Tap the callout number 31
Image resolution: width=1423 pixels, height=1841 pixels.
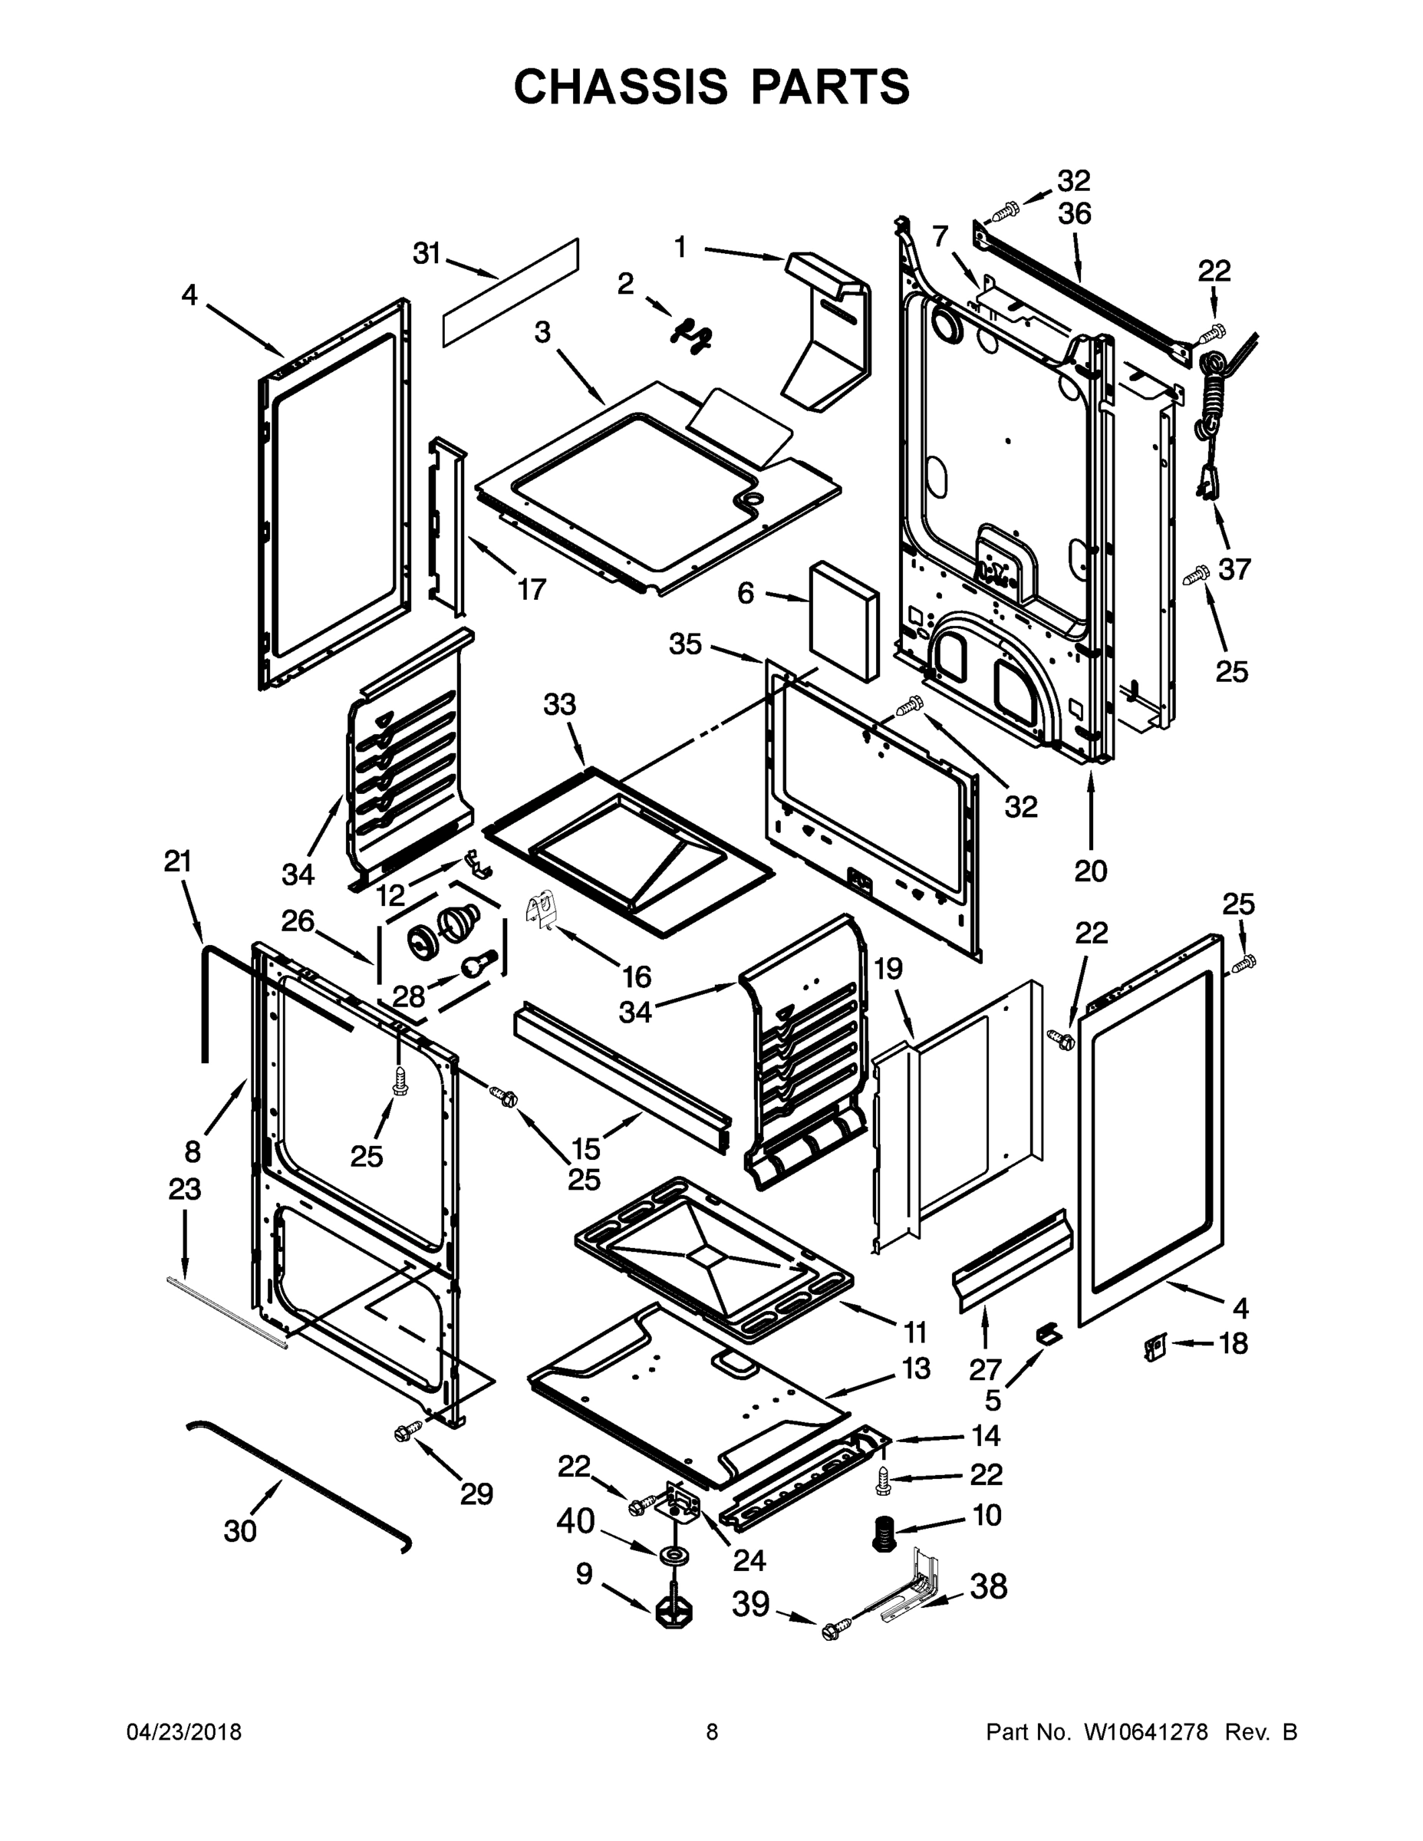[427, 253]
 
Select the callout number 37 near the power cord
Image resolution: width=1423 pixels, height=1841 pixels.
[1234, 569]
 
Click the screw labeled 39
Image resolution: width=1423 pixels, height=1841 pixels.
[832, 1632]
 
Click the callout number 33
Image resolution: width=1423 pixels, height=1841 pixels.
[560, 704]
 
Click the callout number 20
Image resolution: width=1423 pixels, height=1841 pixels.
[1090, 870]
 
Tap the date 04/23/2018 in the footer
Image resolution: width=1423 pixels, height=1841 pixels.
[184, 1732]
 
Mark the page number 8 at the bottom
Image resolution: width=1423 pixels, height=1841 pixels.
[713, 1732]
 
